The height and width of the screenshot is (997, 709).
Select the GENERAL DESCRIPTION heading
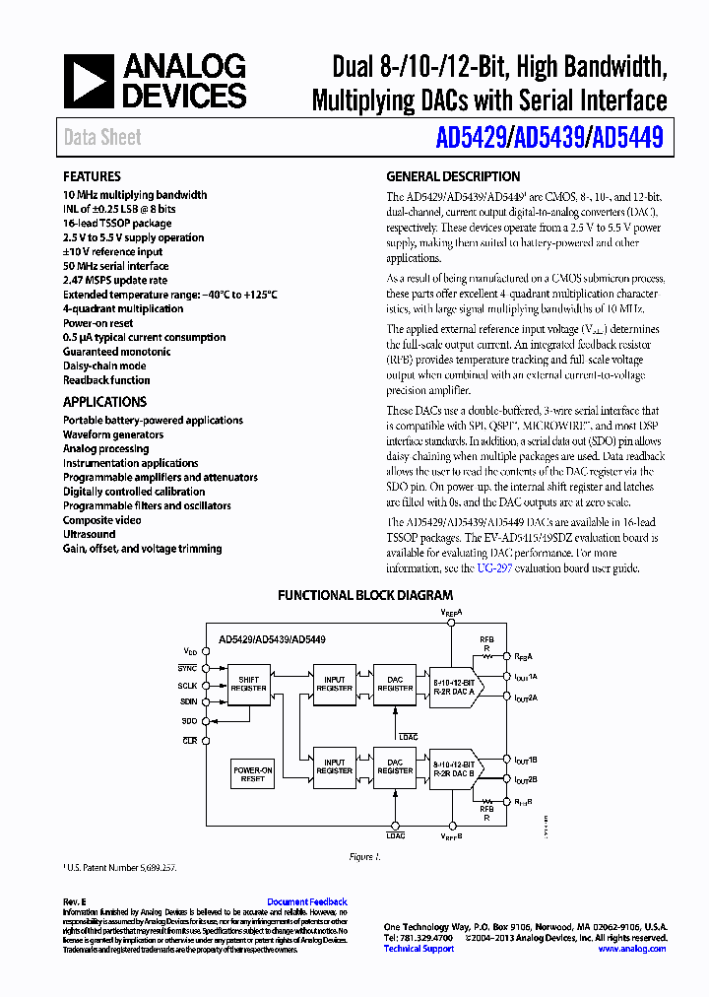click(x=453, y=177)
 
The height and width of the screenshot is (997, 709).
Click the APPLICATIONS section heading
click(x=104, y=402)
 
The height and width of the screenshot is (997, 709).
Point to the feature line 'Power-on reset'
click(x=98, y=323)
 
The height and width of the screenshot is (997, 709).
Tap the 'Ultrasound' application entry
click(x=90, y=534)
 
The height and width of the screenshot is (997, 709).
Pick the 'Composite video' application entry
click(x=102, y=520)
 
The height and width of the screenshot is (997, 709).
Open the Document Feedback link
click(x=307, y=901)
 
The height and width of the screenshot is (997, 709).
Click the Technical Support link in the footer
click(x=419, y=949)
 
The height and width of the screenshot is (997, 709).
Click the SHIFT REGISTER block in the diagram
click(x=249, y=684)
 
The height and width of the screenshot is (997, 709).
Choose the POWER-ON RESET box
click(x=253, y=773)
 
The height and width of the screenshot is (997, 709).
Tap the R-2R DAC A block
click(x=454, y=688)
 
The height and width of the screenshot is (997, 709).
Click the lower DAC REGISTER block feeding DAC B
click(x=396, y=766)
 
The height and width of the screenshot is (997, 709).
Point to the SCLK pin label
click(x=187, y=685)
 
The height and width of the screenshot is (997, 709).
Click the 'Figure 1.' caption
click(x=364, y=857)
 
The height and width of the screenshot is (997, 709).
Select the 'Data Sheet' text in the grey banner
click(x=102, y=138)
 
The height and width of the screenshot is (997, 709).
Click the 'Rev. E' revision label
click(x=75, y=901)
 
